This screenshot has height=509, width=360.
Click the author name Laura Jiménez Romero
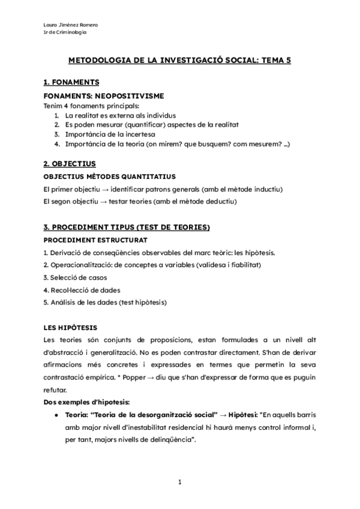coord(71,25)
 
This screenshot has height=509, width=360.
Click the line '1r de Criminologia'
coord(65,32)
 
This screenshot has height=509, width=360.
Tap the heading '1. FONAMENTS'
coord(71,82)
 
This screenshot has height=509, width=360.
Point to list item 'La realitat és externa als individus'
coord(121,115)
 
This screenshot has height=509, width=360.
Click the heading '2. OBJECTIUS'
coord(70,163)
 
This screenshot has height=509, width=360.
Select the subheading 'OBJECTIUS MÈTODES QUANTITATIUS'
coord(109,176)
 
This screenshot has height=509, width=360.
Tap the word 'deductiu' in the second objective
coord(221,201)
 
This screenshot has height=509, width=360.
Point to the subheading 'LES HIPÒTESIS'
coord(68,328)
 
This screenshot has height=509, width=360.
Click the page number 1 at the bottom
coord(179,481)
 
